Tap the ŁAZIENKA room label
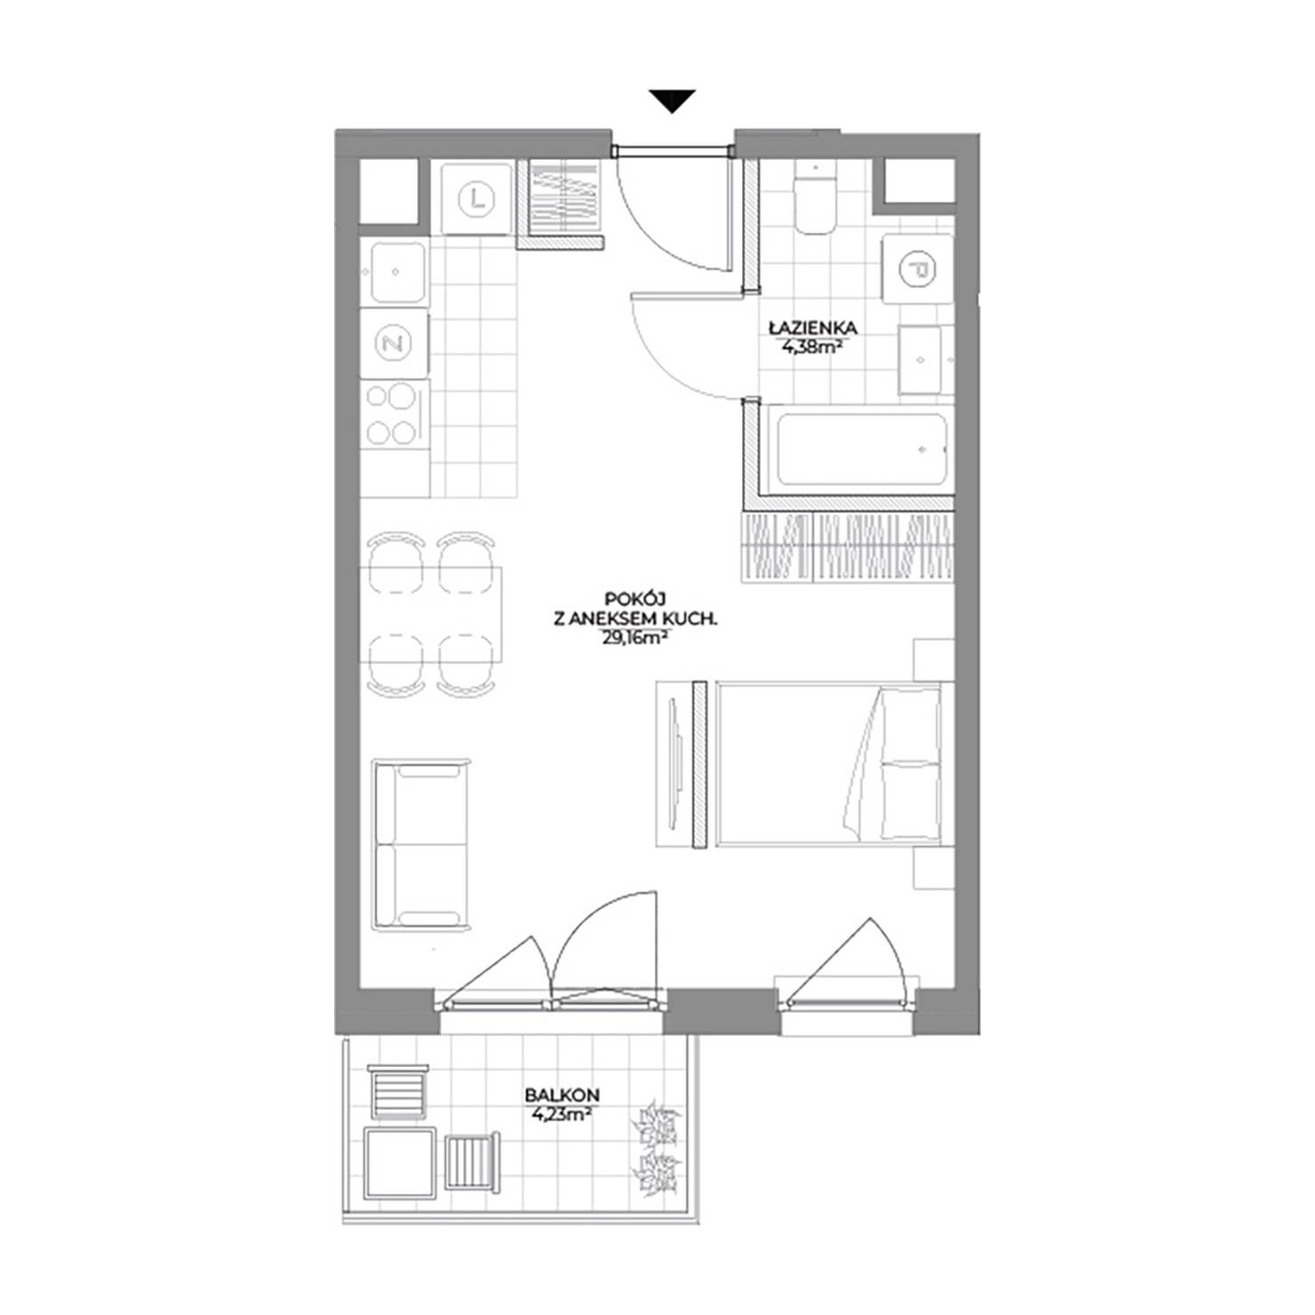[x=813, y=329]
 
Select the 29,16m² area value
[x=634, y=635]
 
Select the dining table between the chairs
[x=431, y=613]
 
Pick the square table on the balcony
[x=401, y=1162]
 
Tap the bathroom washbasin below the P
[x=921, y=360]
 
